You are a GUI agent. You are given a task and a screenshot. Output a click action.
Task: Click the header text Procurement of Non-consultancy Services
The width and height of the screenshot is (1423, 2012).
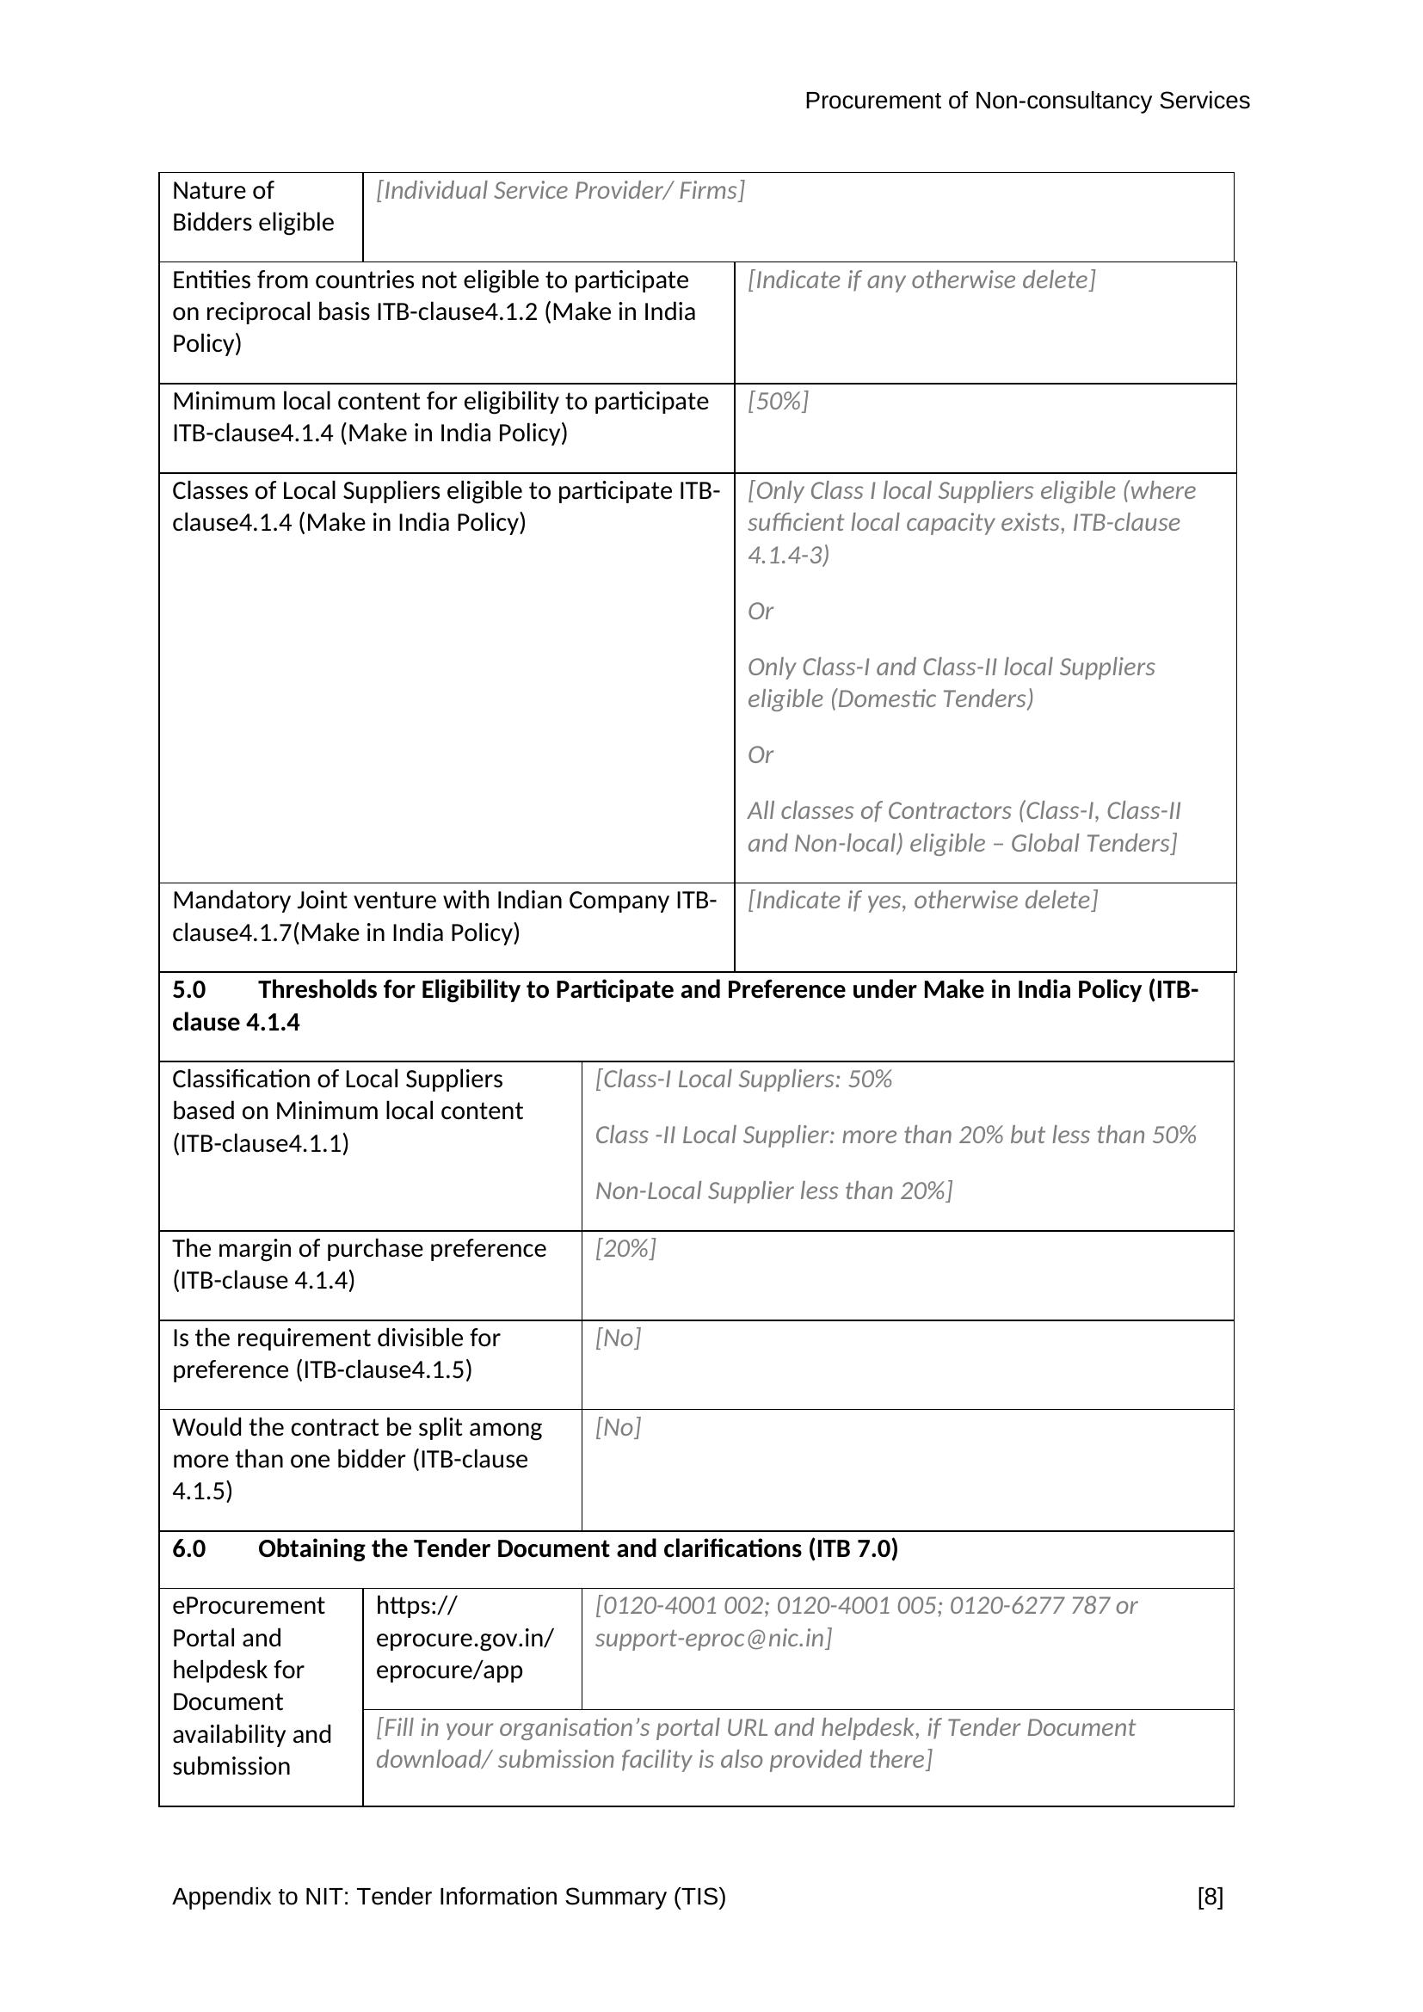click(x=1026, y=101)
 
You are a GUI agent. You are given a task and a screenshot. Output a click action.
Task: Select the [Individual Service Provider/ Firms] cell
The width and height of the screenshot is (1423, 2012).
click(x=560, y=191)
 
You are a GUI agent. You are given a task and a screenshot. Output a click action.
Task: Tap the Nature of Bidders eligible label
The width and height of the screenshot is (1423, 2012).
click(x=252, y=206)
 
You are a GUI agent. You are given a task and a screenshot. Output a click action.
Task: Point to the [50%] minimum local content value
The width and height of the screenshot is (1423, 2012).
click(x=777, y=402)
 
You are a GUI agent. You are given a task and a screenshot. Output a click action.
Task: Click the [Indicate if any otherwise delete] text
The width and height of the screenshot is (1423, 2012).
click(x=921, y=280)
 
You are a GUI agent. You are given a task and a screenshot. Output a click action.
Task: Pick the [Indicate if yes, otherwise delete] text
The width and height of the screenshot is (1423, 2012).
click(x=921, y=901)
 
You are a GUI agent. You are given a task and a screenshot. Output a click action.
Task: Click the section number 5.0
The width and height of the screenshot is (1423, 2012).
click(x=188, y=990)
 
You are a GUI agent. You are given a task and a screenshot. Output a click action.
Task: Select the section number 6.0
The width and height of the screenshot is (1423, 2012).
click(x=188, y=1549)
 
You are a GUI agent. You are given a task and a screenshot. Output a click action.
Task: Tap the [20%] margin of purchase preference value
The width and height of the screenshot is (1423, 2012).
click(x=625, y=1249)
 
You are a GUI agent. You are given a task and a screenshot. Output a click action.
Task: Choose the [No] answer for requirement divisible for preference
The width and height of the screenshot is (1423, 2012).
click(x=618, y=1338)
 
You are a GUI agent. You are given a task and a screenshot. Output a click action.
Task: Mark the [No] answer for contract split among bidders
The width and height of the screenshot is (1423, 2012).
click(x=618, y=1428)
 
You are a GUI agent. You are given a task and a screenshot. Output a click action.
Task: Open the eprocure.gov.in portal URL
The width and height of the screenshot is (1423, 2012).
click(x=464, y=1638)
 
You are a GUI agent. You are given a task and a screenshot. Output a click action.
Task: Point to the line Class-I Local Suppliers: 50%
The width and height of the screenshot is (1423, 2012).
click(x=743, y=1080)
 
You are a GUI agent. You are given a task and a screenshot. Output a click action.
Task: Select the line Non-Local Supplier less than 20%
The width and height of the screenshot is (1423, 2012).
click(x=773, y=1191)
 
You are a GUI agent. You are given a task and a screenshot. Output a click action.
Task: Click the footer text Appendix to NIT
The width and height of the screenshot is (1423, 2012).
click(x=448, y=1897)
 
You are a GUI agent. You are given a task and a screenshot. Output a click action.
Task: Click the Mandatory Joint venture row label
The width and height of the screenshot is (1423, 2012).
click(x=444, y=917)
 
